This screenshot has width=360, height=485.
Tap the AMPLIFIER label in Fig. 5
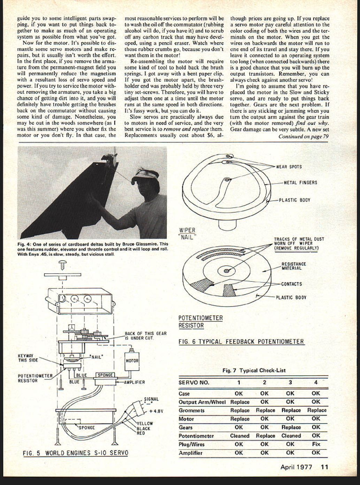click(134, 382)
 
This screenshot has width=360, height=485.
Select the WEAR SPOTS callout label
click(289, 167)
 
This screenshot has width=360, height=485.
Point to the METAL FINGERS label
click(300, 182)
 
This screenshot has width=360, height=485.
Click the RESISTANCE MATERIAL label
click(294, 266)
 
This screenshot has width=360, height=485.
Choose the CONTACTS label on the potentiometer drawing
click(291, 284)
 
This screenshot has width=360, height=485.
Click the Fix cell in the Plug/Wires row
click(316, 444)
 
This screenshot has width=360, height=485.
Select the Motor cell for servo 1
click(239, 419)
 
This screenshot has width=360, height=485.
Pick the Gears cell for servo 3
click(291, 427)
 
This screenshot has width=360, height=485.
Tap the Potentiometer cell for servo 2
click(265, 436)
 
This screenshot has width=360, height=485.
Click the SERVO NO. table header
click(194, 382)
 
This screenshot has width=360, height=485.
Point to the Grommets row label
click(191, 410)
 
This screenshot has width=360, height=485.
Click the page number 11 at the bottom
click(324, 467)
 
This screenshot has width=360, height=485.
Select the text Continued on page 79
click(303, 136)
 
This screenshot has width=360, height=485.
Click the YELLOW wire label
click(144, 424)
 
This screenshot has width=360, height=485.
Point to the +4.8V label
click(156, 411)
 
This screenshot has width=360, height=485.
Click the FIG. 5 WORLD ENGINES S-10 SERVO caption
click(75, 453)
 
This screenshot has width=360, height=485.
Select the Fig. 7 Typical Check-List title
click(254, 370)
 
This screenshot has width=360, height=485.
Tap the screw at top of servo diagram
click(63, 265)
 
